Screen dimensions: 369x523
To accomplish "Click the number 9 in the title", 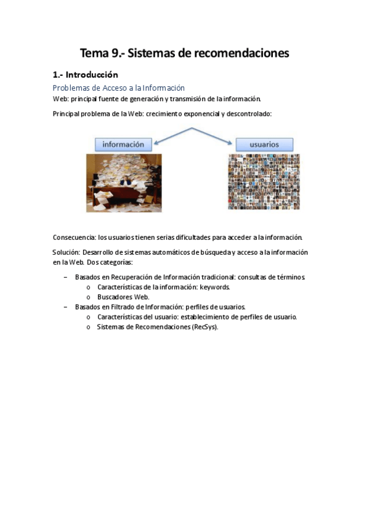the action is (116, 54).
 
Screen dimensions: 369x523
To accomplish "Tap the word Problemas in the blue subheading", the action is (71, 88).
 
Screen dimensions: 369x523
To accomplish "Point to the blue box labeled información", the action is (123, 144).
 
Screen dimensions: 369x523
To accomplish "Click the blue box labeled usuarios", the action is (264, 144).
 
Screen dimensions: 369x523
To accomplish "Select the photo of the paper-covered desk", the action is (124, 183).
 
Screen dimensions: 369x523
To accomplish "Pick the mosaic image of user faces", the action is (264, 182).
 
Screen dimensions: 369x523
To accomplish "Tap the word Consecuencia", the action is (74, 237).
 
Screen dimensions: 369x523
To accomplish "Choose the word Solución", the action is (67, 252).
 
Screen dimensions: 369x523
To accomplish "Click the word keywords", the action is (215, 287).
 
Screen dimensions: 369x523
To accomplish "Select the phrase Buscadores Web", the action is (123, 297).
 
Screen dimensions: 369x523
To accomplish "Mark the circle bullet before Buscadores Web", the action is (89, 297).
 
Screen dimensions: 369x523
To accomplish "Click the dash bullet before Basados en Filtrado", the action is (66, 307).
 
